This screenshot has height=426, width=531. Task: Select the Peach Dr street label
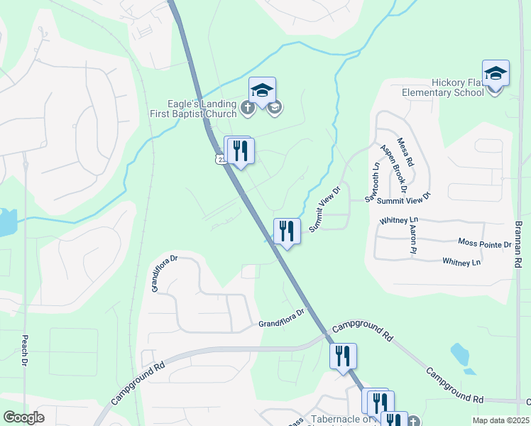25,351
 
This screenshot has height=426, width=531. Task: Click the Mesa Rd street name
406,152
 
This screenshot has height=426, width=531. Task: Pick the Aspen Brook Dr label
393,169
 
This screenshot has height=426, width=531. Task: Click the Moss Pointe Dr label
485,244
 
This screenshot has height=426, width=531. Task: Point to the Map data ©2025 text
500,420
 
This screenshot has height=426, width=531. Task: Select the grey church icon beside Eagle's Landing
247,108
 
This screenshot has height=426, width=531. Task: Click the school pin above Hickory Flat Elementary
496,73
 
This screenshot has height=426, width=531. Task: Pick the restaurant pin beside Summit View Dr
287,231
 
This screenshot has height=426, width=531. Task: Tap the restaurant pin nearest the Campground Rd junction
343,356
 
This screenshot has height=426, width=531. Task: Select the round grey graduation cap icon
275,108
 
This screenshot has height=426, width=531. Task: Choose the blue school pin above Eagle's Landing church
262,90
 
